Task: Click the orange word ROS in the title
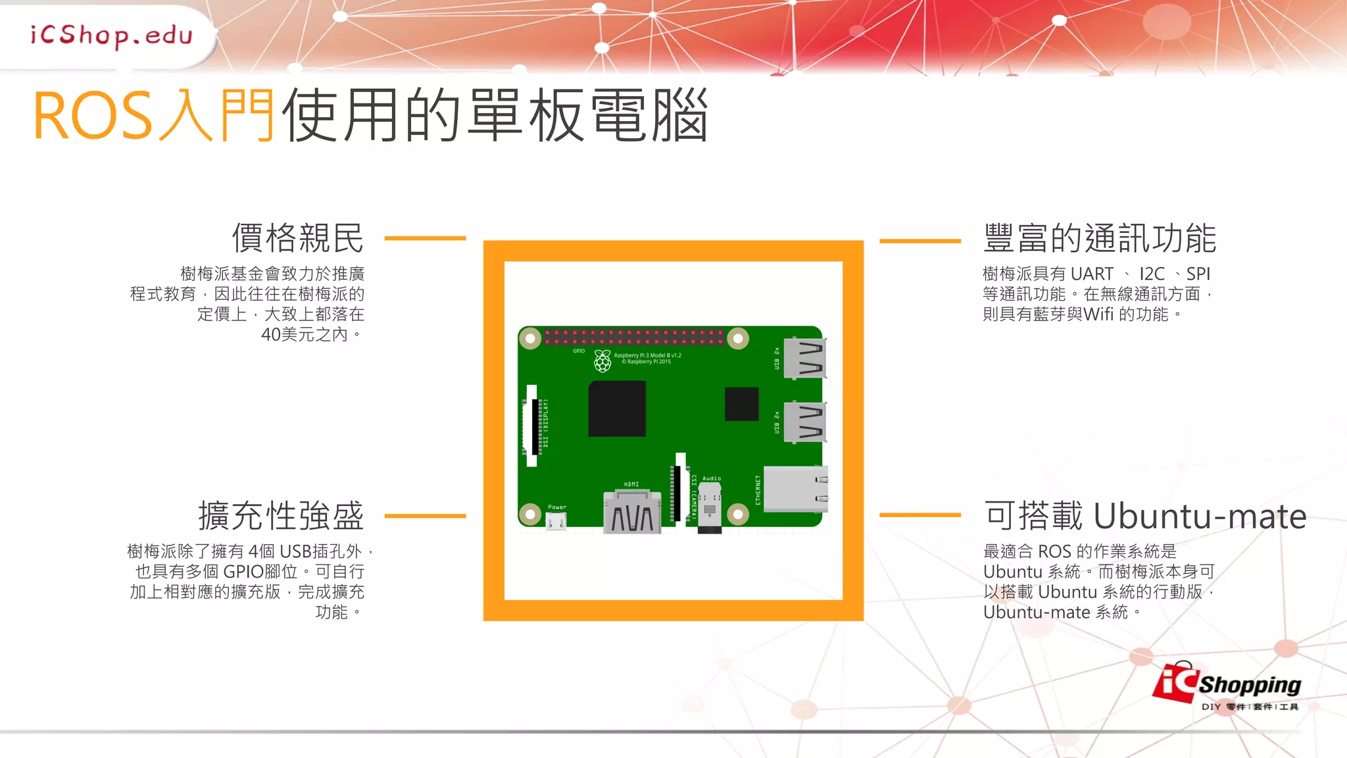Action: click(93, 116)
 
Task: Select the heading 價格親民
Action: click(298, 238)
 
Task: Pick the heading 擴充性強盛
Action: click(281, 516)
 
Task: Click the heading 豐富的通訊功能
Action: click(1100, 238)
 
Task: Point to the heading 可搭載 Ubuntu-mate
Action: click(1145, 516)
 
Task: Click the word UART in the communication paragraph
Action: click(1092, 274)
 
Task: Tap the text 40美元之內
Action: click(305, 335)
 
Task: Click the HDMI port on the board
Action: click(632, 513)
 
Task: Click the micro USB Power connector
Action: click(556, 522)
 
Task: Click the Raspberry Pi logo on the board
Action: click(602, 360)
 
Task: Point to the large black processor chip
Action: click(617, 409)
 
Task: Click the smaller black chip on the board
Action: click(741, 404)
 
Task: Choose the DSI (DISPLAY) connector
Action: click(532, 425)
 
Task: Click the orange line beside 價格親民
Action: click(425, 238)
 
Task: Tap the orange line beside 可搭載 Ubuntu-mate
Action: click(920, 515)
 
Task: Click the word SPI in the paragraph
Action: click(1198, 274)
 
